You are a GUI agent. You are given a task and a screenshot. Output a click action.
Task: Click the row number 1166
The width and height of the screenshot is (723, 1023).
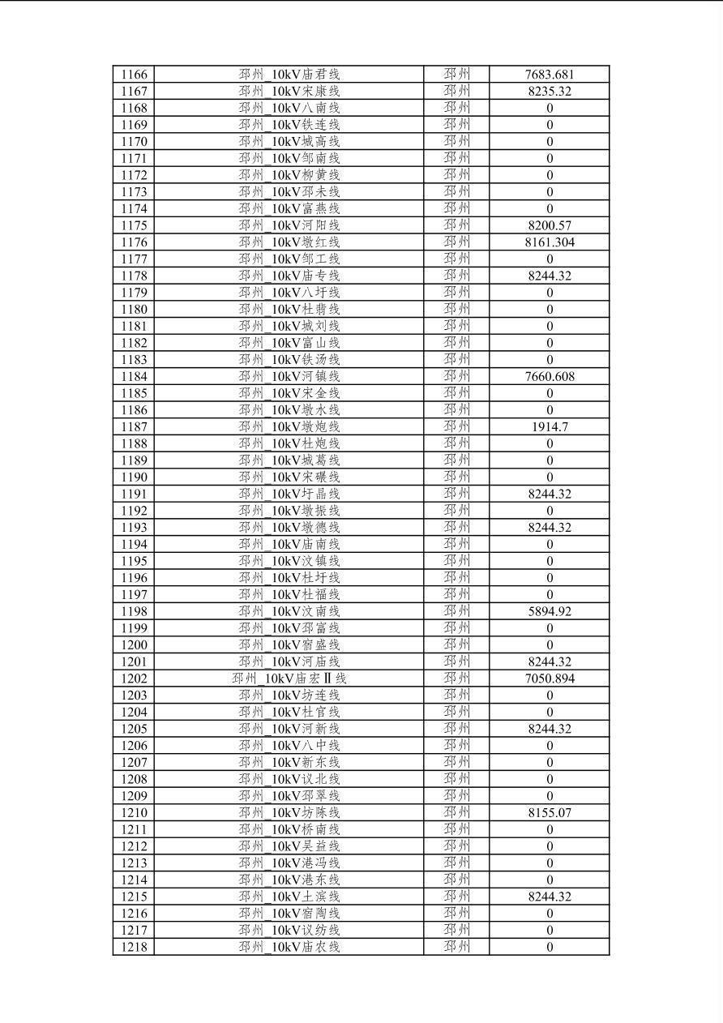point(134,75)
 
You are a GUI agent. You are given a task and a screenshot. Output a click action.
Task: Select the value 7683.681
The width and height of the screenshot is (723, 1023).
point(550,75)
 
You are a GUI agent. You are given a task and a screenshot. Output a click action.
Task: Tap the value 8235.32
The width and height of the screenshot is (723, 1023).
point(550,92)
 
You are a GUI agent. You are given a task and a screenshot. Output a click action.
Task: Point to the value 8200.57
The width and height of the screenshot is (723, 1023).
point(550,225)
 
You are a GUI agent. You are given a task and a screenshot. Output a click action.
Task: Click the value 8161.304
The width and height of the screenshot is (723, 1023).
point(550,242)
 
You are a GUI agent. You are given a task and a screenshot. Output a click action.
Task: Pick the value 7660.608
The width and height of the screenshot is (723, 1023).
point(550,377)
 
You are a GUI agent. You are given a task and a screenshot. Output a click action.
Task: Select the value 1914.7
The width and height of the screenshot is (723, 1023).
point(550,427)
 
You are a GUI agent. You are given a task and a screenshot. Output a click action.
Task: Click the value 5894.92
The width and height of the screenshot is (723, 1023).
point(550,611)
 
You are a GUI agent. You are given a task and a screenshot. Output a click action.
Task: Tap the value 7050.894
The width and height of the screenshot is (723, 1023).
point(550,678)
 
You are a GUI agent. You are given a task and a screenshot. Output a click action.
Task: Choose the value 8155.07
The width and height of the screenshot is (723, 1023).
point(550,813)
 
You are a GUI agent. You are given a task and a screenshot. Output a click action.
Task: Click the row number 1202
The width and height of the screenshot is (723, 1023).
point(134,678)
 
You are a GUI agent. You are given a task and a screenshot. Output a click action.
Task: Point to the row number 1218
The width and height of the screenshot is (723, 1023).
point(134,947)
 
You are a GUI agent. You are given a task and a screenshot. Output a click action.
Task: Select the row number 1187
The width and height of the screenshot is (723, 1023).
point(134,427)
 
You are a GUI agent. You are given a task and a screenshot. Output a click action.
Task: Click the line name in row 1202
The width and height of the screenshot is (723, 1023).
point(289,678)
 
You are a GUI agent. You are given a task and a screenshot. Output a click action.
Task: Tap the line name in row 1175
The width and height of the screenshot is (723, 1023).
point(289,225)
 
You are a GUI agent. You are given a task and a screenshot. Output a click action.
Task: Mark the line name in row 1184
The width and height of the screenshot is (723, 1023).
point(289,377)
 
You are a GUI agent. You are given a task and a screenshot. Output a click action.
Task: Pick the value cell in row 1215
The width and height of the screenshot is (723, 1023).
point(550,897)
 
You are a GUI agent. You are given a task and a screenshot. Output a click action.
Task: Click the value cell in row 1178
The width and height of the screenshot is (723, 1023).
point(550,276)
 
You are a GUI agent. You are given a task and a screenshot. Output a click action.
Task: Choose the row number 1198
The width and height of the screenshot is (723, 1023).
point(134,611)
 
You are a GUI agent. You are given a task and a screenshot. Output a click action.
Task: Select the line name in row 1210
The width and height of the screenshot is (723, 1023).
point(289,813)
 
